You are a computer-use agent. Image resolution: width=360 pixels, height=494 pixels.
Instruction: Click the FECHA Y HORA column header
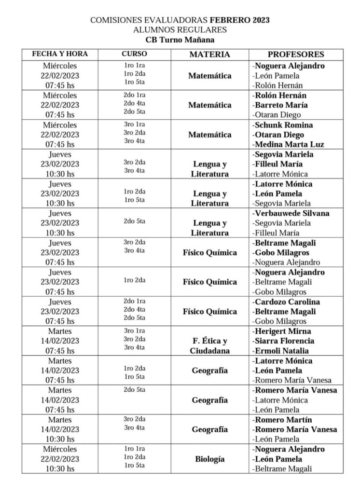(60, 54)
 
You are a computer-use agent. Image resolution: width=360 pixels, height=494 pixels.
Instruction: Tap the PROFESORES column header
(296, 55)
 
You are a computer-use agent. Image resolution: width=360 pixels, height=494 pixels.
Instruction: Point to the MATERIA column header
(209, 55)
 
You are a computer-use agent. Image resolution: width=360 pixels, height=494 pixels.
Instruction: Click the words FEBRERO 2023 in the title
(240, 20)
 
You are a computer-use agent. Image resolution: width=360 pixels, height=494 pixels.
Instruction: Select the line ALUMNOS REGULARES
(180, 30)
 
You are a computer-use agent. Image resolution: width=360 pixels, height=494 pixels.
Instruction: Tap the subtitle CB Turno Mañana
(180, 40)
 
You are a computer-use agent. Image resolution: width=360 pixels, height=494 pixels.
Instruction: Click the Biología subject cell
(209, 459)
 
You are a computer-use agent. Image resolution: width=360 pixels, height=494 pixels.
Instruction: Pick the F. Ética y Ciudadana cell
(209, 346)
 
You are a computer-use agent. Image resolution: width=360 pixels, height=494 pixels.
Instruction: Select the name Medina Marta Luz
(289, 144)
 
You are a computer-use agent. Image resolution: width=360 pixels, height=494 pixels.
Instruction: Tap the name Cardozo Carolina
(287, 302)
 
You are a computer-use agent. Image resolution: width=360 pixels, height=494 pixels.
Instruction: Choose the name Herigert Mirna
(283, 331)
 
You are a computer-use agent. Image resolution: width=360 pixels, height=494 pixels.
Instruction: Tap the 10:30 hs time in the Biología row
(60, 468)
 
